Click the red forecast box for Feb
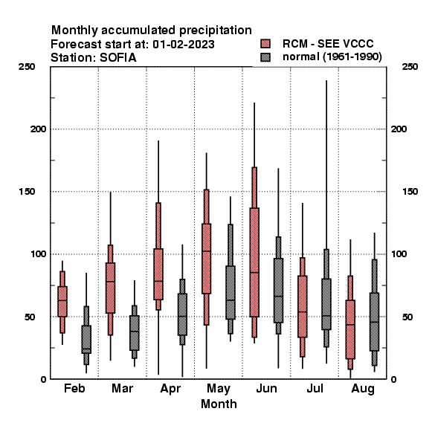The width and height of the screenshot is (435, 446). (x=62, y=301)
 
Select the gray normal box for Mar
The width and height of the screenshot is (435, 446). (x=135, y=333)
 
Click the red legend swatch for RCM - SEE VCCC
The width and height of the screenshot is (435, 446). (x=265, y=44)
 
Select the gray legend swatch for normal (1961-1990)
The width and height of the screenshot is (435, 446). (x=265, y=57)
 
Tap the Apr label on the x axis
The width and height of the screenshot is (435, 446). (x=170, y=389)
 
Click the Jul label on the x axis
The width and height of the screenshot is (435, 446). (x=315, y=388)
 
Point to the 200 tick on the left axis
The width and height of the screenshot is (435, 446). (x=38, y=129)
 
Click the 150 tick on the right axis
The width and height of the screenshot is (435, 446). (x=410, y=192)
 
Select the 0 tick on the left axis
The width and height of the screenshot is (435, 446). (x=43, y=379)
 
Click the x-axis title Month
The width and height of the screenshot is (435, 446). (x=219, y=404)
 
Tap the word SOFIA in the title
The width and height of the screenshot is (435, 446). (x=117, y=58)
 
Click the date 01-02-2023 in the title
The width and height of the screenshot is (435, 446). (x=184, y=45)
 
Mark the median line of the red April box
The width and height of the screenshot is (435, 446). (x=158, y=281)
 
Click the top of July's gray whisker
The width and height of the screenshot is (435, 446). (x=326, y=81)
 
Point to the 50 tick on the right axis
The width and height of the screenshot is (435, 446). (x=407, y=317)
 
